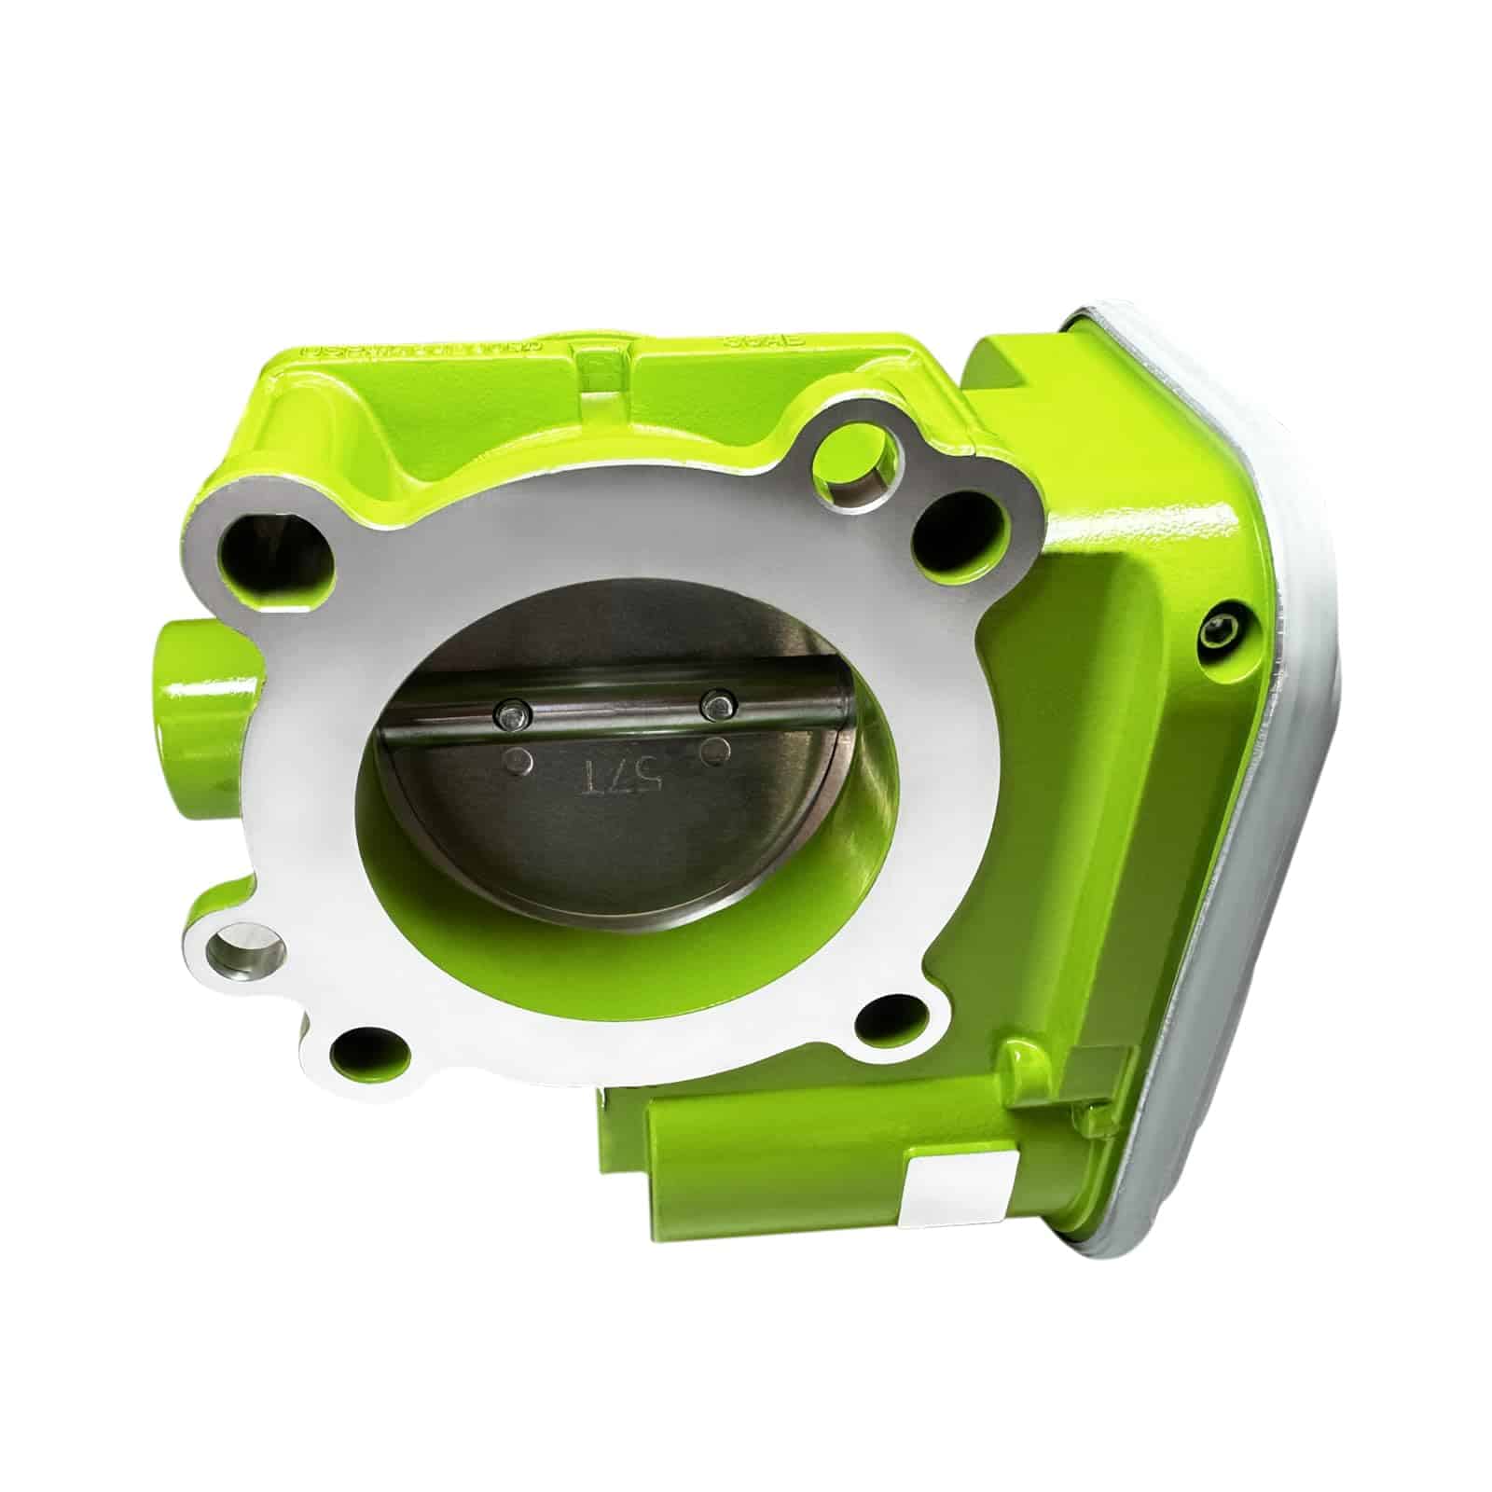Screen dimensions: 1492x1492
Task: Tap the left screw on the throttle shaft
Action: tap(509, 715)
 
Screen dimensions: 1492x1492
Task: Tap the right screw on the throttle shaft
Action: tap(716, 705)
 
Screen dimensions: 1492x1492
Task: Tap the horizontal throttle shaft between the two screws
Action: tap(613, 712)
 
